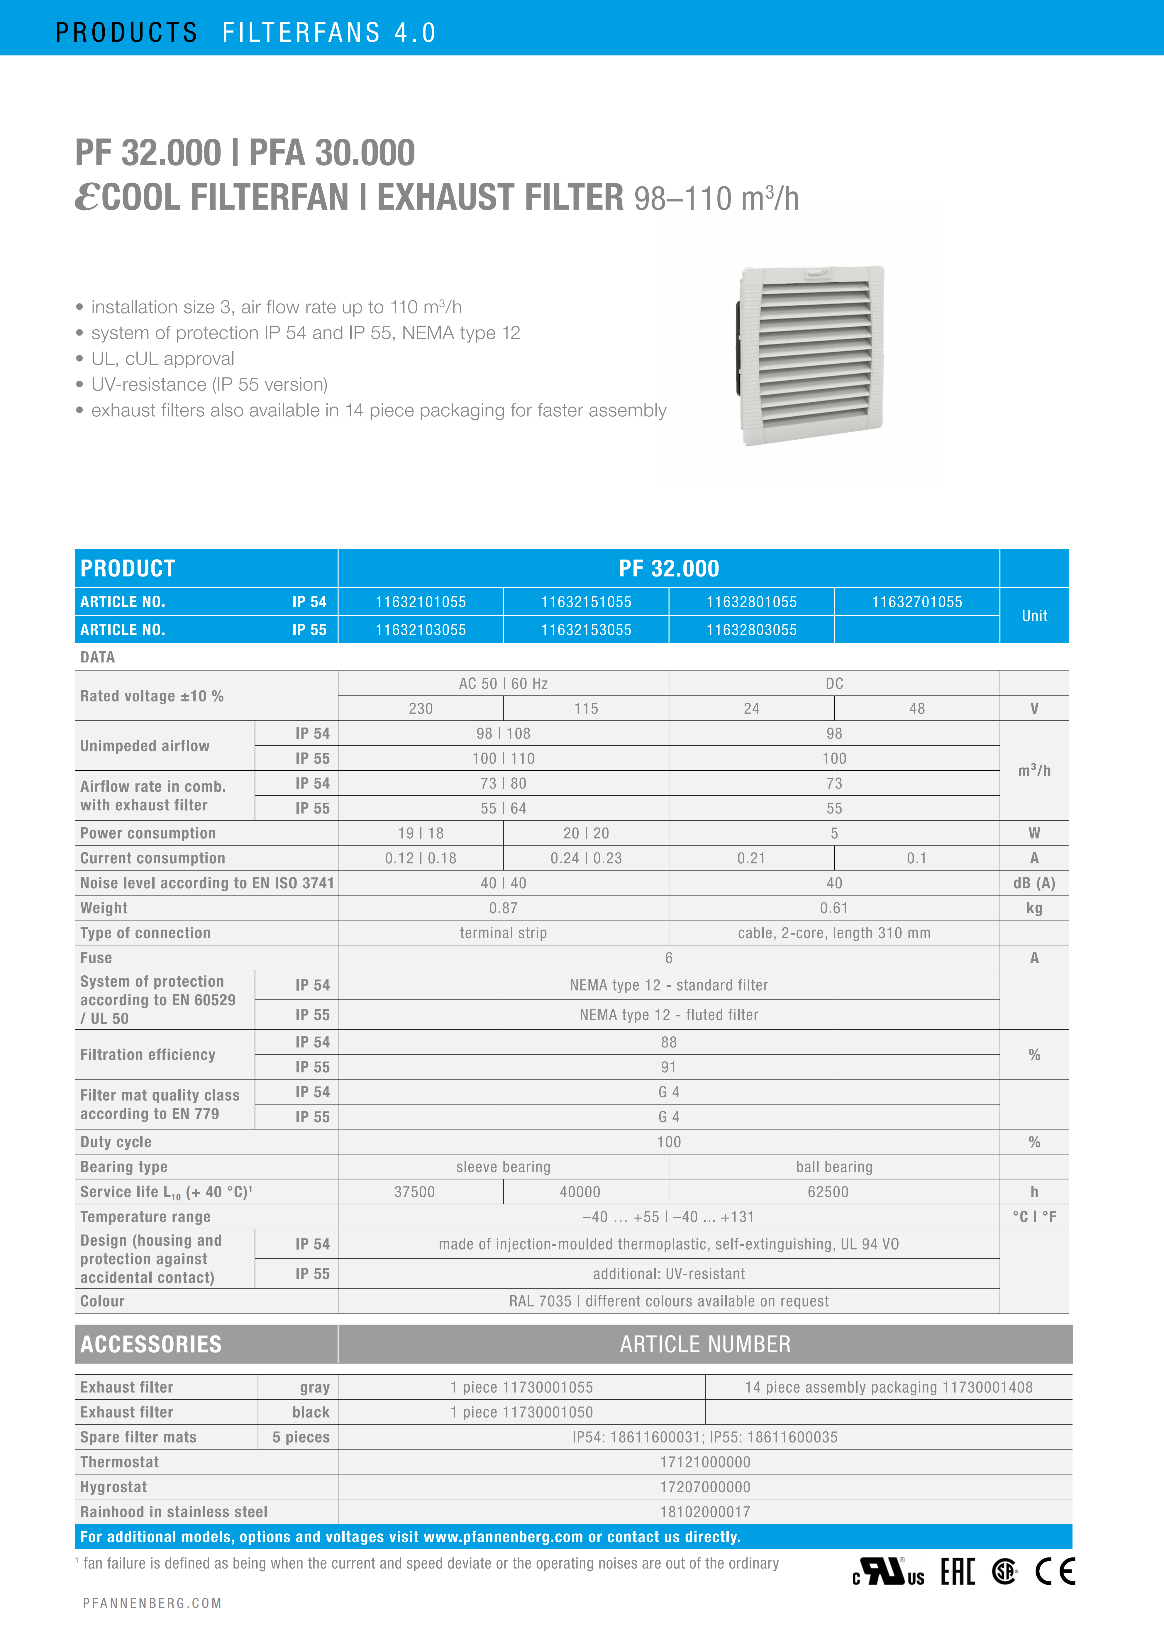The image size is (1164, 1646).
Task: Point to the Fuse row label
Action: pos(96,958)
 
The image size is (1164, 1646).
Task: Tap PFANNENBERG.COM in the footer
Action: pos(152,1603)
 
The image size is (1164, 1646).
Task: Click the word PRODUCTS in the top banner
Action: pos(126,32)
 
